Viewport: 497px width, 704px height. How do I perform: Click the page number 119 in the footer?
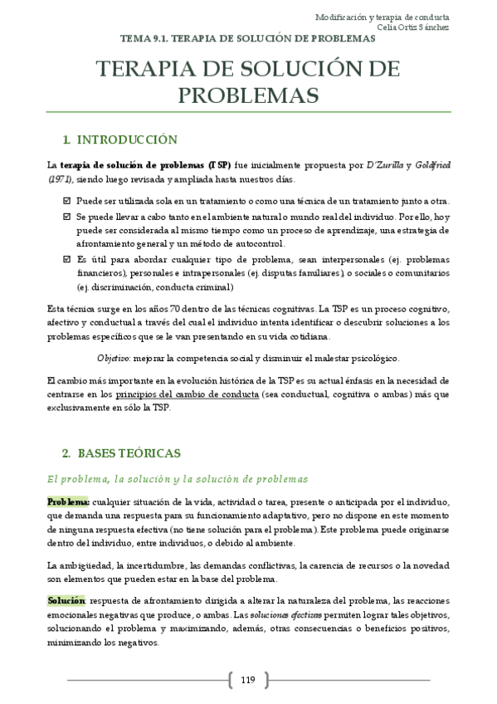(248, 681)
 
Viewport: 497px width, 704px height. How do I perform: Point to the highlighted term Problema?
(68, 502)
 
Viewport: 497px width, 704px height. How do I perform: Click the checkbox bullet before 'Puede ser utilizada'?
(66, 201)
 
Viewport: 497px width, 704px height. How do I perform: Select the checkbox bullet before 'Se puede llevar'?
(66, 216)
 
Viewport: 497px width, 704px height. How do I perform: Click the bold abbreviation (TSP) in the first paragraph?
(220, 165)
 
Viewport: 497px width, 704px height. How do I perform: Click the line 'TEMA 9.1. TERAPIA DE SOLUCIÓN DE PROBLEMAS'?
(248, 39)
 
